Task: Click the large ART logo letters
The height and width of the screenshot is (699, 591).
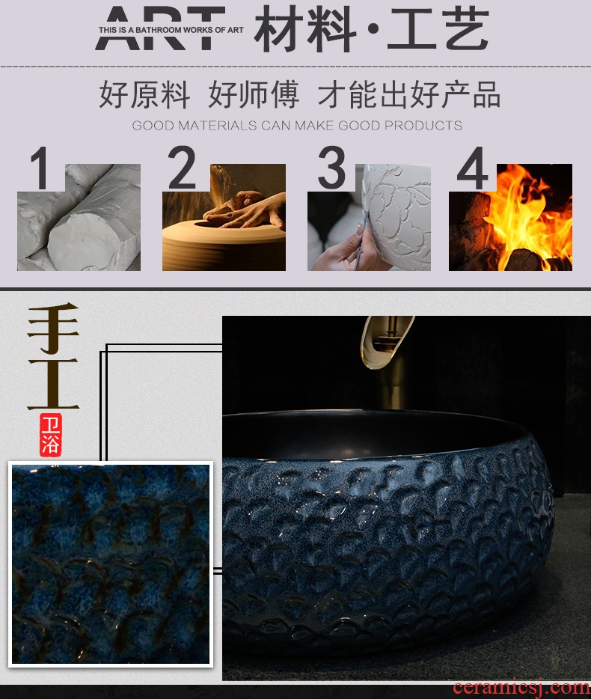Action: coord(160,28)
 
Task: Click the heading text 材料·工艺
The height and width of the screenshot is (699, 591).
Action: coord(372,29)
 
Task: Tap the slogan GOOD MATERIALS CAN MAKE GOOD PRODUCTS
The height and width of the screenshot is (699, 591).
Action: coord(297,125)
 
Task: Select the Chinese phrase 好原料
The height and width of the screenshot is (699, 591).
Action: coord(144,94)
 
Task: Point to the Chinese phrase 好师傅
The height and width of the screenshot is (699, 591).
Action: coord(254,94)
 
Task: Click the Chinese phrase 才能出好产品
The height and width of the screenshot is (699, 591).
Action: coord(409,94)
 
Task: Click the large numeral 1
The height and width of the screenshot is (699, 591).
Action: coord(40,168)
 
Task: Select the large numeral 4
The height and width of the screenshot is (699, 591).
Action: coord(472,168)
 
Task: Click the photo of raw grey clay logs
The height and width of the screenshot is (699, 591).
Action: coord(79,218)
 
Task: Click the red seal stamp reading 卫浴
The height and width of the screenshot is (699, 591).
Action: coord(50,435)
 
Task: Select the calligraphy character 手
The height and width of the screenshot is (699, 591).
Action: coord(53,327)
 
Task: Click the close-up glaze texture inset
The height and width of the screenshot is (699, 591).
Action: coord(111,564)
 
